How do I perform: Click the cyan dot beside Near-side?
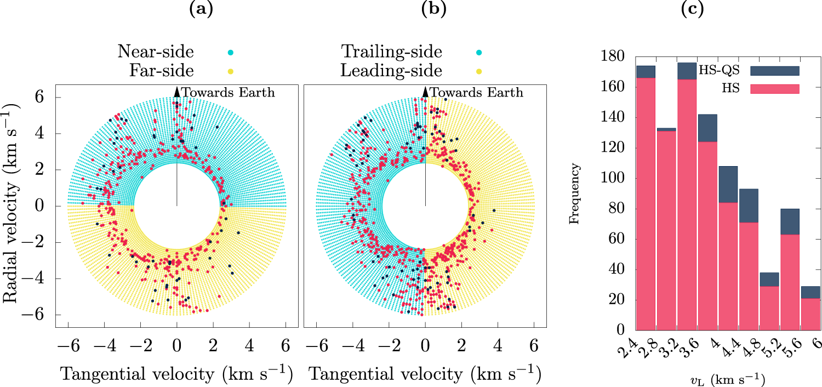[x=231, y=53]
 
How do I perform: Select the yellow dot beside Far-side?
[x=231, y=71]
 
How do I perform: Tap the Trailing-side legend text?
[x=392, y=52]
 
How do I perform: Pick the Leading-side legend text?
[x=391, y=71]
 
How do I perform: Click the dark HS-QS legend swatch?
[x=775, y=70]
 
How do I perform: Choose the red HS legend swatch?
[x=775, y=88]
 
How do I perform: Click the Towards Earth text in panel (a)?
[x=228, y=93]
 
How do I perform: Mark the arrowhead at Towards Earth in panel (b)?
[x=425, y=91]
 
